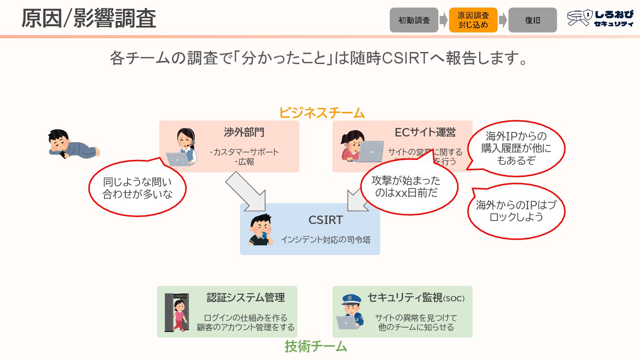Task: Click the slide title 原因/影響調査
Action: pos(89,19)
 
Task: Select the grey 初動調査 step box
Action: pos(414,20)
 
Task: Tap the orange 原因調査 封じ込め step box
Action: pos(473,20)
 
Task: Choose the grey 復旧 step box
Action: pos(532,20)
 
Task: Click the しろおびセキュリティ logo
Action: pos(600,19)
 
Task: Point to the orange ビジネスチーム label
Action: pos(322,113)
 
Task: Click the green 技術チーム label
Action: pos(316,346)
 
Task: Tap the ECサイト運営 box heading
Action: pos(425,132)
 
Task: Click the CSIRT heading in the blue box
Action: pos(326,220)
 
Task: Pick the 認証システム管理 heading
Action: pos(245,298)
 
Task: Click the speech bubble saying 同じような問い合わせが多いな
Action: pos(137,188)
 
